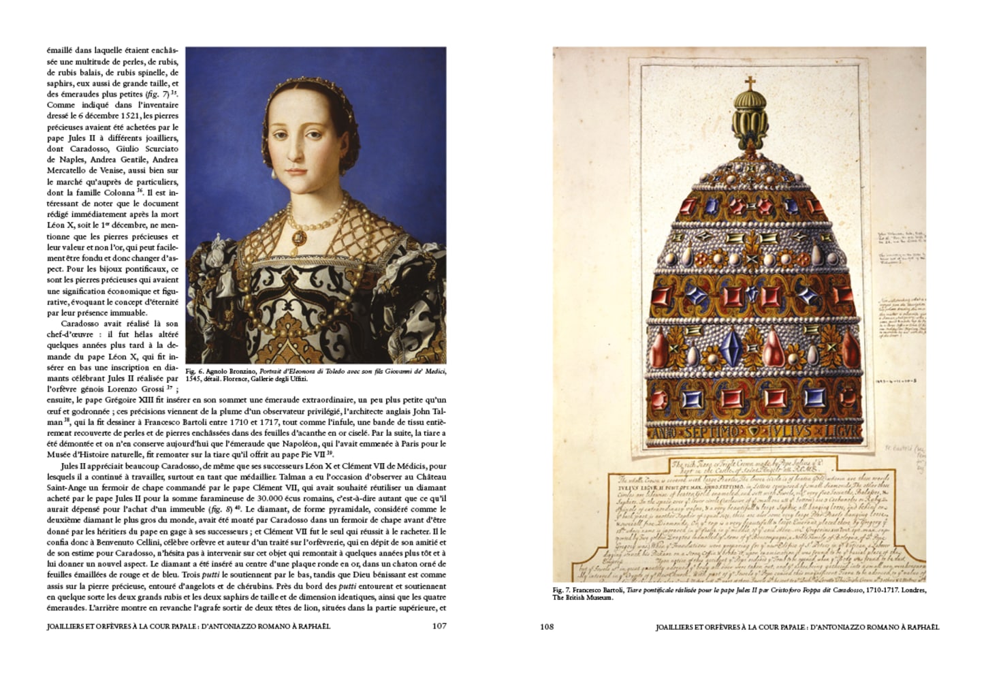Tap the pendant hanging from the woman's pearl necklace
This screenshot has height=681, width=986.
[x=298, y=238]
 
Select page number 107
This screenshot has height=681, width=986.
[x=439, y=627]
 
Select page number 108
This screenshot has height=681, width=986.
[x=547, y=627]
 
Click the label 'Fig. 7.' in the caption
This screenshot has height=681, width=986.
[x=562, y=590]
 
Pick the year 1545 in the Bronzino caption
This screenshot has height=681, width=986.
[x=195, y=379]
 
